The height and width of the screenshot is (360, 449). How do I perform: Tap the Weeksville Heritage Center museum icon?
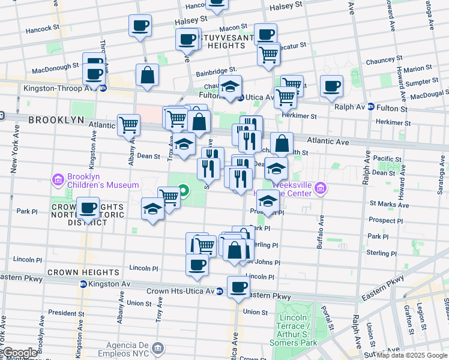[x=321, y=189]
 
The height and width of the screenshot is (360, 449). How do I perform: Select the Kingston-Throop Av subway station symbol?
[x=103, y=88]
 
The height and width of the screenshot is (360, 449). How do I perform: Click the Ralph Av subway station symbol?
[x=371, y=107]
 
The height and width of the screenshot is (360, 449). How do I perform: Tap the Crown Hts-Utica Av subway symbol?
[x=220, y=291]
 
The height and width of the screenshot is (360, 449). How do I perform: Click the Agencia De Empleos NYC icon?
[x=158, y=347]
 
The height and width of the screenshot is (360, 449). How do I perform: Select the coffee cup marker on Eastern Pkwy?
[x=238, y=286]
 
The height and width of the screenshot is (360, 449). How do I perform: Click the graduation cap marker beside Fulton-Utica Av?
[x=230, y=86]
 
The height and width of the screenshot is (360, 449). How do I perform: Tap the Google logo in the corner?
[x=19, y=353]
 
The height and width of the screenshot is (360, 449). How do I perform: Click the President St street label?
[x=62, y=313]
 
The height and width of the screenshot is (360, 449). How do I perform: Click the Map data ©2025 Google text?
[x=412, y=355]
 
